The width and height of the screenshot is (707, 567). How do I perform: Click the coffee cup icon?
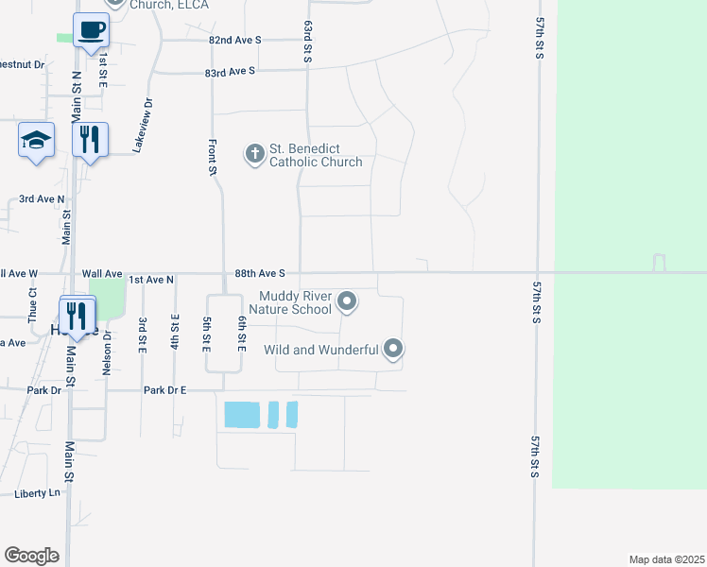91,30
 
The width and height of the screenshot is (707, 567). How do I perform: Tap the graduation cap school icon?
36,142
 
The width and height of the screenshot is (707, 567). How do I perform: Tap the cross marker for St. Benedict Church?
254,153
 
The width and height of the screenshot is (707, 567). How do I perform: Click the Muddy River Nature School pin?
347,302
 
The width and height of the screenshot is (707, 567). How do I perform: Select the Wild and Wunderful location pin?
394,350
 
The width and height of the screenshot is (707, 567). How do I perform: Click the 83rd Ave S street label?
231,71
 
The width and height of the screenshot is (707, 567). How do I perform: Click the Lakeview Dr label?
143,126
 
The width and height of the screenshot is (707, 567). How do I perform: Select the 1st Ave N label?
151,280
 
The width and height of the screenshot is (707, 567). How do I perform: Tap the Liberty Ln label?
38,493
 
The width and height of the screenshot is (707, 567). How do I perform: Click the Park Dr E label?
165,389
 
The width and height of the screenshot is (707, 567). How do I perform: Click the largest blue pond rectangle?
240,414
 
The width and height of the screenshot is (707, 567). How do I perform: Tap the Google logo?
31,556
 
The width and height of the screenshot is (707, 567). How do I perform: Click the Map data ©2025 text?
666,559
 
